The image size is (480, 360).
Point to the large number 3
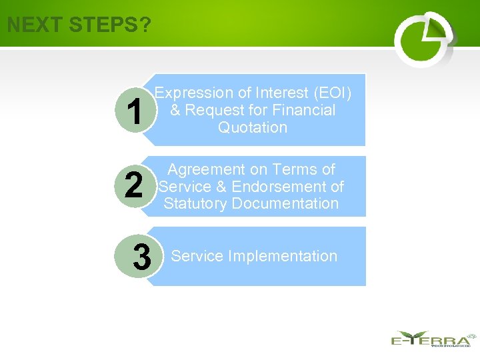pos(141,257)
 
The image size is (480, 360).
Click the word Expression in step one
pos(194,93)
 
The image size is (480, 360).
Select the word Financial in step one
pos(304,110)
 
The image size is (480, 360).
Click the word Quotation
pos(253,127)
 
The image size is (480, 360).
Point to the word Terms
pos(292,169)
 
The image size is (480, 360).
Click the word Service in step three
pos(197,256)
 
